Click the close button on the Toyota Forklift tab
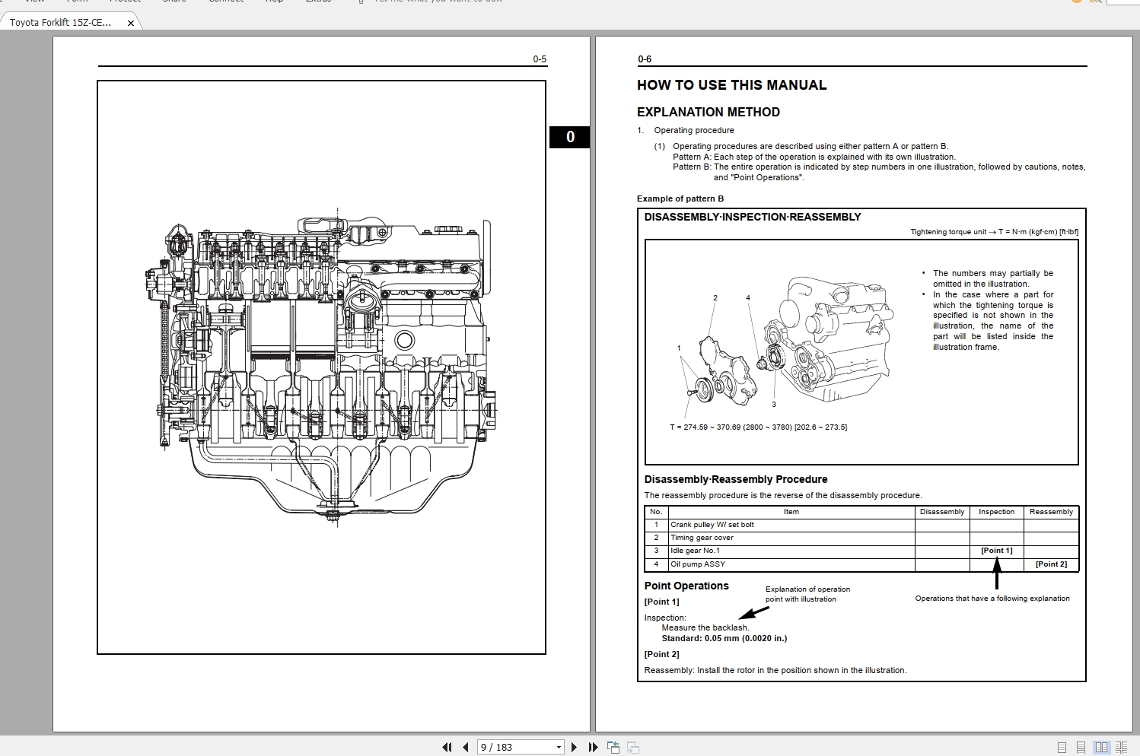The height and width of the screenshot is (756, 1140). coord(131,23)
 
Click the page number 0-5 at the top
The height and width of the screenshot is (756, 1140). coord(539,59)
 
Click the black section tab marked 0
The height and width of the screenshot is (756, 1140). coord(569,137)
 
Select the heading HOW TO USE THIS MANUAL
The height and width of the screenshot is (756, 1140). coord(731,85)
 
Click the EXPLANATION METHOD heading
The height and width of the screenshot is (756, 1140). coord(708,112)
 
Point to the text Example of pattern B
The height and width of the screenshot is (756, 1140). coord(680,199)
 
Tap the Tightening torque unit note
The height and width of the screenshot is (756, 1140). coord(993,232)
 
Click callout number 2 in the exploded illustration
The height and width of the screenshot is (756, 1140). coord(715,298)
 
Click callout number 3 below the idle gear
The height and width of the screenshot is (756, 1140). coord(774,405)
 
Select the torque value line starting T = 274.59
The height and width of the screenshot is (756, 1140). coord(758,427)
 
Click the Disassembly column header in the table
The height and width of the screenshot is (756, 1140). coord(941,512)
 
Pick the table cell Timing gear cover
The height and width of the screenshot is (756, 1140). coord(702,538)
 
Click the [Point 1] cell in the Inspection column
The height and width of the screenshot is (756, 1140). coord(996,551)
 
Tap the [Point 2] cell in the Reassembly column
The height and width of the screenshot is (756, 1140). coord(1051,564)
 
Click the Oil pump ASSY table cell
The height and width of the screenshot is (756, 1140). coord(697,564)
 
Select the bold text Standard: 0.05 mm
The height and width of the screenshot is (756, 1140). coord(724,638)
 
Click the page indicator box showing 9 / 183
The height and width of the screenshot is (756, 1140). coord(520,747)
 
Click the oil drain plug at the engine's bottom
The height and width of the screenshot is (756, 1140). coord(333,515)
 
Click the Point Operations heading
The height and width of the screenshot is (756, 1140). coord(686,586)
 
